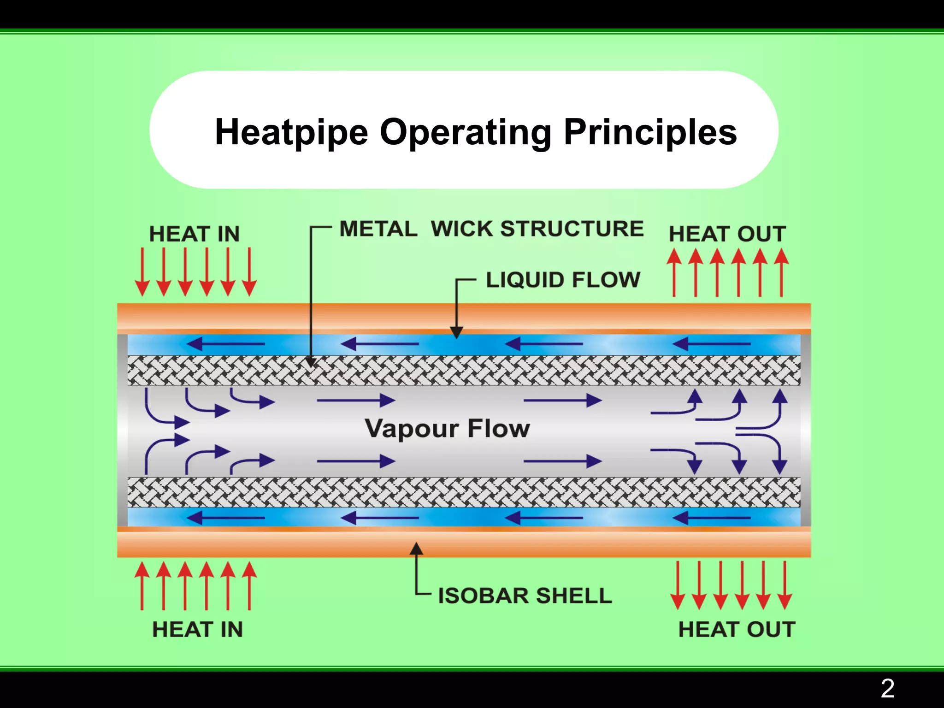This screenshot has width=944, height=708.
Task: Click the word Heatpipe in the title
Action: pyautogui.click(x=291, y=132)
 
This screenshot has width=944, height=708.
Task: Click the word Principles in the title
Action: pyautogui.click(x=650, y=132)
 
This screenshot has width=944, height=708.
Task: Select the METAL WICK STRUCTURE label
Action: pyautogui.click(x=491, y=229)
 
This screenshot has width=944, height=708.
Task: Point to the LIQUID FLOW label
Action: pyautogui.click(x=563, y=280)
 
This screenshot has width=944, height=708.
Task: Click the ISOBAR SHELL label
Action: pyautogui.click(x=525, y=596)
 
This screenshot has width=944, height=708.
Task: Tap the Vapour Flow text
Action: pyautogui.click(x=447, y=429)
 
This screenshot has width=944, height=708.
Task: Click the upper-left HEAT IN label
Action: pyautogui.click(x=195, y=234)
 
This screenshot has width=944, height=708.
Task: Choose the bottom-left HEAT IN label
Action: pyautogui.click(x=197, y=630)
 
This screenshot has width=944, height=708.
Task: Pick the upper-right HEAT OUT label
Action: pyautogui.click(x=727, y=234)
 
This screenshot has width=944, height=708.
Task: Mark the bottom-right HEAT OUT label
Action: pyautogui.click(x=737, y=630)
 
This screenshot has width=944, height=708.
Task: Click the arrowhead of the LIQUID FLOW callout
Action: pyautogui.click(x=456, y=333)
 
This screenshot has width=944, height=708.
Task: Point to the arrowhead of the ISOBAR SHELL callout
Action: pyautogui.click(x=417, y=549)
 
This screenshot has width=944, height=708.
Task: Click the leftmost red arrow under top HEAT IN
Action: pyautogui.click(x=142, y=272)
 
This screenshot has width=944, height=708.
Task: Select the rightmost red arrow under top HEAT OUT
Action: pyautogui.click(x=781, y=272)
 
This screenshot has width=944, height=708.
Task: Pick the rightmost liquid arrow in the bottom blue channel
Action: pyautogui.click(x=711, y=518)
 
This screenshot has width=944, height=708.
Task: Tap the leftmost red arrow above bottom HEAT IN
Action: pyautogui.click(x=142, y=585)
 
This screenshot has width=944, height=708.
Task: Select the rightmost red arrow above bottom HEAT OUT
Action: pyautogui.click(x=785, y=585)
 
